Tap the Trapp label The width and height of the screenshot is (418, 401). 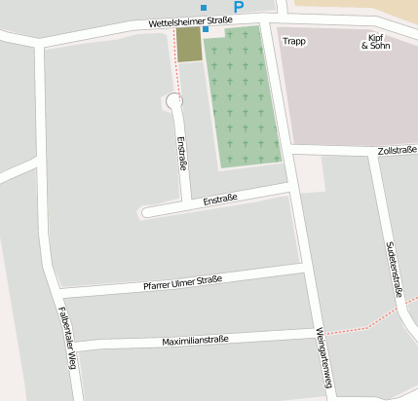[x=293, y=42]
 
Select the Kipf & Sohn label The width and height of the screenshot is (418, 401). [x=372, y=42]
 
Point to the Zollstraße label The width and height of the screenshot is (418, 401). [x=397, y=150]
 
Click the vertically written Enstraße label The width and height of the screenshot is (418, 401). [x=181, y=154]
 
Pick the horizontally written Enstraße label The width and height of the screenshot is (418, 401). [x=220, y=200]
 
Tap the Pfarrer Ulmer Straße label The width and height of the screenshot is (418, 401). [x=182, y=283]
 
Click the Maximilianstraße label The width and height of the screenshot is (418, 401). [x=195, y=340]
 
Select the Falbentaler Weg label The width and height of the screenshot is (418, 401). [x=65, y=338]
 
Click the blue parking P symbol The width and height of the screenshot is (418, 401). [x=238, y=7]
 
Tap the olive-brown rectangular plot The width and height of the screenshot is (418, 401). [x=188, y=45]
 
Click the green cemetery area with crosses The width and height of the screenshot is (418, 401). [x=243, y=97]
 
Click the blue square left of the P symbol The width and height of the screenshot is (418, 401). [x=204, y=8]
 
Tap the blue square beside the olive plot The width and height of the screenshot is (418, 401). [x=206, y=29]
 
